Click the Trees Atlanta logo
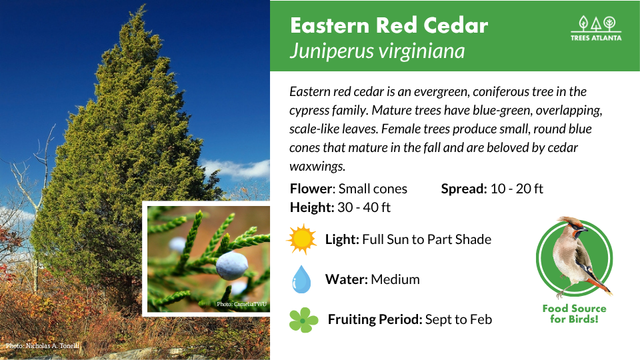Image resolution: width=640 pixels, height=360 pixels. pos(596,28)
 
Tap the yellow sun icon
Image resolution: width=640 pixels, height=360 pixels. pos(301,239)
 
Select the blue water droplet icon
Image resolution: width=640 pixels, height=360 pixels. pos(301,279)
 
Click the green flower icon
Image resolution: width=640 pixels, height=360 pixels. pos(303,320)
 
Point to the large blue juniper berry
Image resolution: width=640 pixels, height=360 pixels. pos(231,265)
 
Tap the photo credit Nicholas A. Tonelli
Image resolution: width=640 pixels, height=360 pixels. pos(43,346)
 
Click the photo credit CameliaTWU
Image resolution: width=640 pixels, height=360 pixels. pos(241,304)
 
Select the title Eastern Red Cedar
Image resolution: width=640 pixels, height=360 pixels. pos(389,25)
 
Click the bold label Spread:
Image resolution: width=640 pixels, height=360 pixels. pos(464,189)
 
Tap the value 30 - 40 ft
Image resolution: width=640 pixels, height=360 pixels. pos(364,207)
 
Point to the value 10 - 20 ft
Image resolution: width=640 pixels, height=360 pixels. pos(516,189)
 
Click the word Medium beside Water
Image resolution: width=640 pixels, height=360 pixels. pos(395,279)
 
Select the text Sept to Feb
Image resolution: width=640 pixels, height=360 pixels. pos(459,319)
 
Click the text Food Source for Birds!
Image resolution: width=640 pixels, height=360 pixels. pos(574,313)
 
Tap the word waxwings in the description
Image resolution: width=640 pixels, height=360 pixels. pos(317,166)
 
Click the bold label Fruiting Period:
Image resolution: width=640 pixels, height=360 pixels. pos(374,319)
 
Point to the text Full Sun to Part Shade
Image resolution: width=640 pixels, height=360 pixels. pos(427,239)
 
